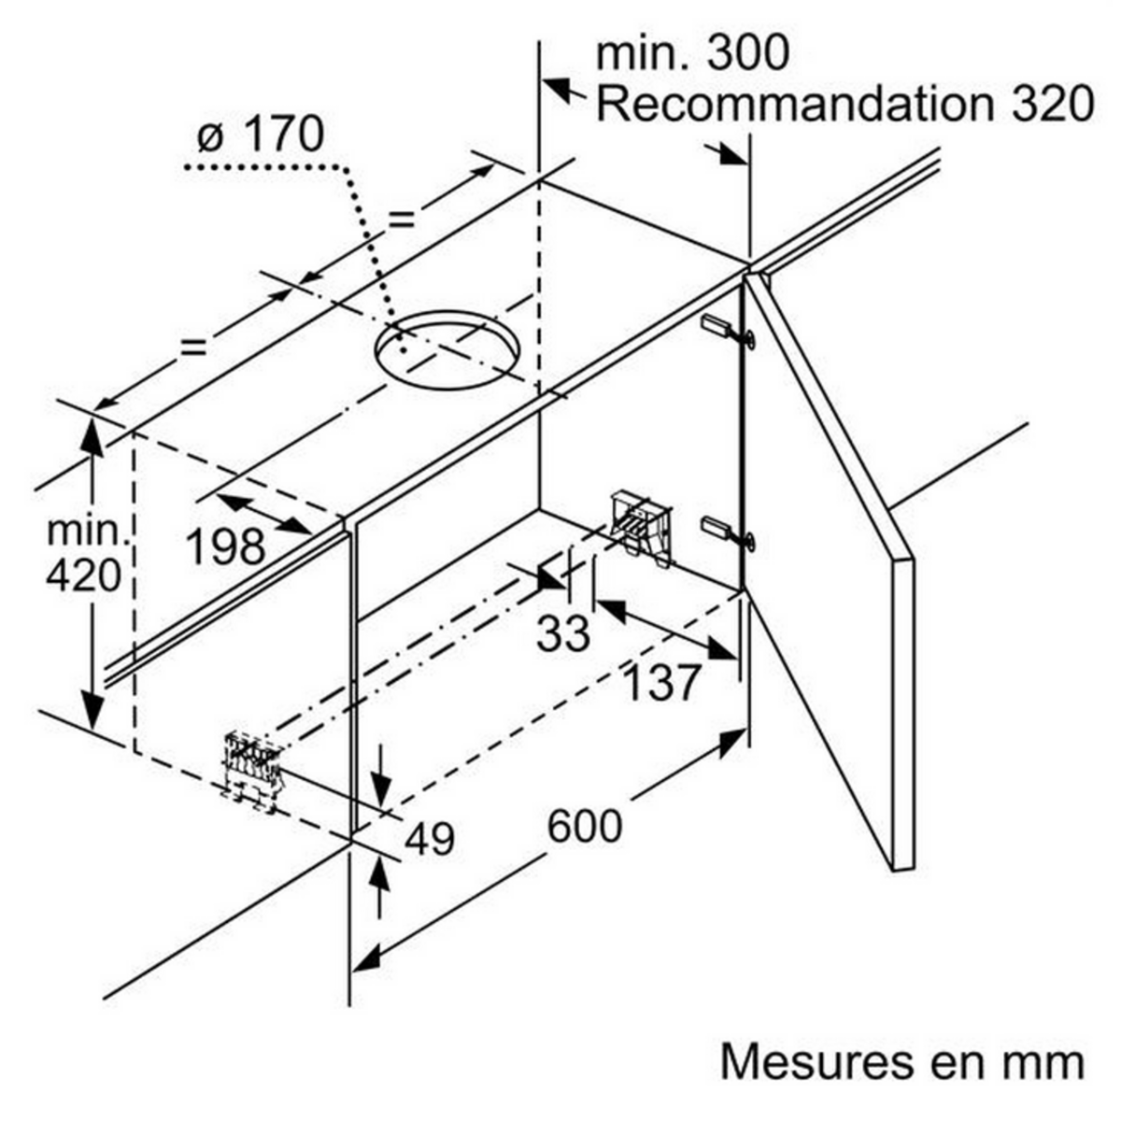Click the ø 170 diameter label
tap(261, 135)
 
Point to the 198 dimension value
tap(225, 546)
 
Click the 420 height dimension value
tap(83, 575)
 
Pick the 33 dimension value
tap(563, 634)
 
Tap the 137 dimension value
tap(661, 683)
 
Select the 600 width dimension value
tap(584, 826)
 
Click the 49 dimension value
tap(430, 839)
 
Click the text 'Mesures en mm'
tap(902, 1062)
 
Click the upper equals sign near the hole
tap(401, 220)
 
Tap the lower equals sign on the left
tap(192, 347)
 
